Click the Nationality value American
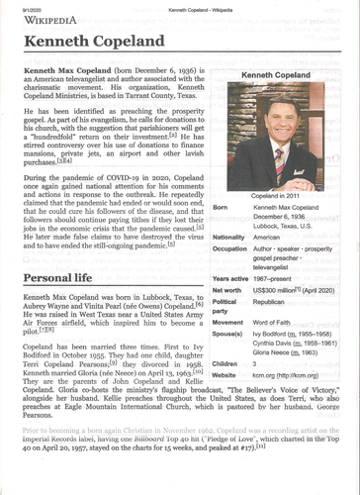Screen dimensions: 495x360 click(x=271, y=238)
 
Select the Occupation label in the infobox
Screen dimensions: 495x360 click(x=231, y=249)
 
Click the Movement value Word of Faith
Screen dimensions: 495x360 click(x=276, y=322)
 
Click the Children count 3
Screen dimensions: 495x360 click(x=256, y=365)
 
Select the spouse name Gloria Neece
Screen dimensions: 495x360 click(x=277, y=352)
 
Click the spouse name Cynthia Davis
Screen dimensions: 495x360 click(x=276, y=345)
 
